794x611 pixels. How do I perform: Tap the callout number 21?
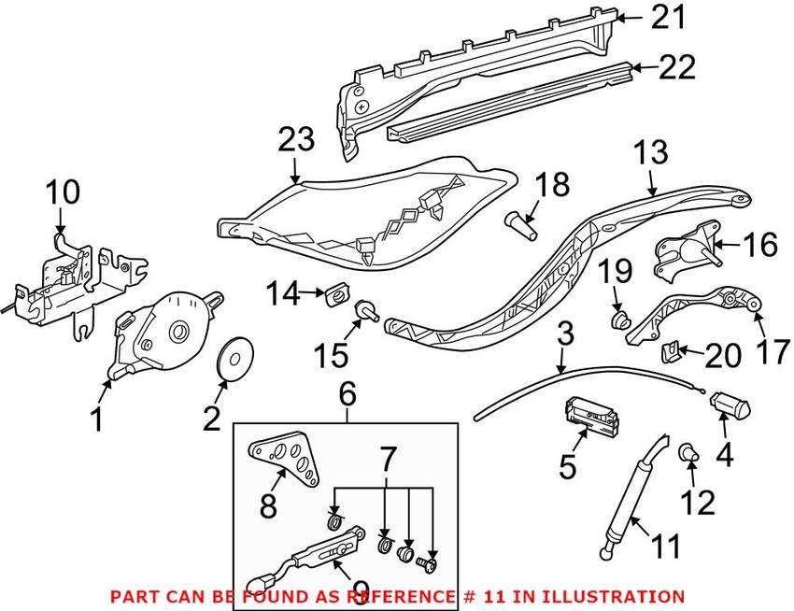pos(669,16)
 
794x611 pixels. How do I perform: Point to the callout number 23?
pos(297,141)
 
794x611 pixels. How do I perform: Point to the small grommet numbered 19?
pos(617,322)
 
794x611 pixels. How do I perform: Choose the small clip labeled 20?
pos(668,350)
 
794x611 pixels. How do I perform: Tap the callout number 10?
pos(64,193)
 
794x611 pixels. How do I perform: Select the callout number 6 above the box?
pos(347,395)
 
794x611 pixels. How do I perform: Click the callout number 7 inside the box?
pos(388,458)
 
